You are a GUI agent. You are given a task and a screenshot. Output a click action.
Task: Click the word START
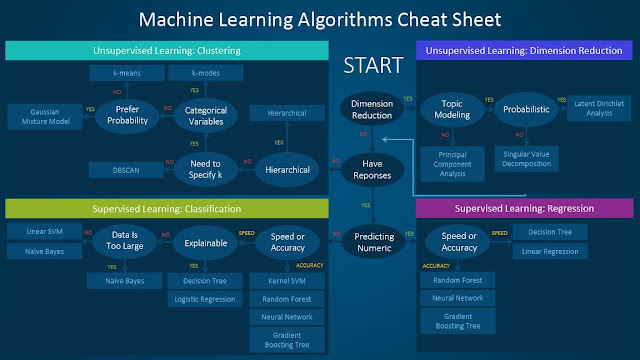[x=372, y=66]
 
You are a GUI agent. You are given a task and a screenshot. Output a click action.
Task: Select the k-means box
[x=118, y=72]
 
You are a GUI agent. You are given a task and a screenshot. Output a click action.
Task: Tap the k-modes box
[x=195, y=72]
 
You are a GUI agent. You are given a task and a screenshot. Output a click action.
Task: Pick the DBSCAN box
[x=118, y=168]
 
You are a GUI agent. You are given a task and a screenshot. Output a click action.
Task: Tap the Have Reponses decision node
[x=372, y=168]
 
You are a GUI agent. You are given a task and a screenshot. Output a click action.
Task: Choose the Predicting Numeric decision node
[x=372, y=240]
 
